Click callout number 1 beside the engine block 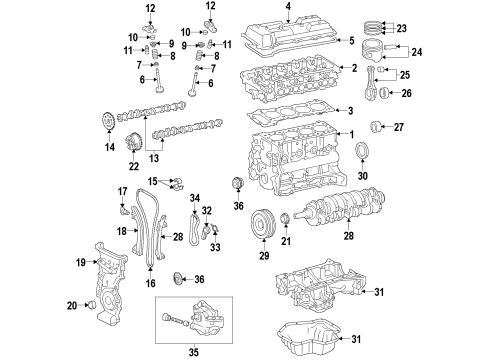coord(351,134)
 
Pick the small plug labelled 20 coord(92,303)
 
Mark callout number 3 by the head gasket coord(351,111)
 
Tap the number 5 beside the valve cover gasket coord(352,41)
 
